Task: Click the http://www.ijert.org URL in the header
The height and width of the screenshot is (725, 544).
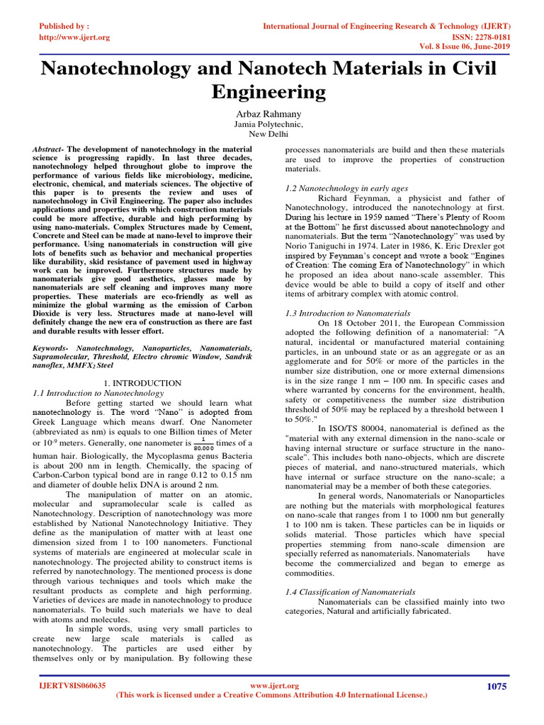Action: point(74,37)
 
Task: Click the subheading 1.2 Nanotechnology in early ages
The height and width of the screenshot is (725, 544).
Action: point(346,189)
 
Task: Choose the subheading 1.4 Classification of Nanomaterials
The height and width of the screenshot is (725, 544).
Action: point(350,592)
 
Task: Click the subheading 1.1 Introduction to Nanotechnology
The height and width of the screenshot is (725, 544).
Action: point(98,393)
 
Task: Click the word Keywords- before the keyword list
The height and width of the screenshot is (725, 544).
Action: point(52,349)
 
